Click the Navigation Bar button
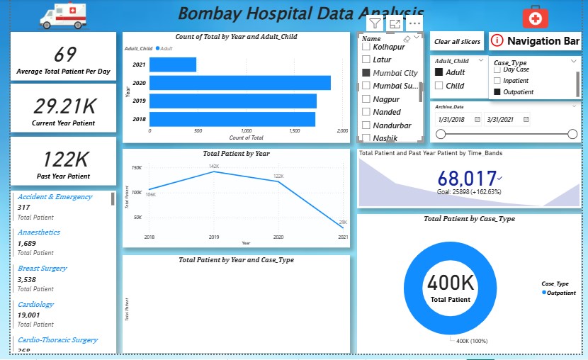tap(535, 42)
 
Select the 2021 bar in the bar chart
tap(173, 65)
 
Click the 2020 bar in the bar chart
tap(240, 83)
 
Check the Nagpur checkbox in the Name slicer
tap(366, 99)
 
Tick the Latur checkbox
tap(366, 60)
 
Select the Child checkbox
tap(439, 86)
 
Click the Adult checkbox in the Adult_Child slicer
tap(439, 72)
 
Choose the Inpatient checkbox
tap(497, 81)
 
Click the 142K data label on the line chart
tap(213, 167)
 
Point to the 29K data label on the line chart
tap(343, 222)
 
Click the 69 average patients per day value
tap(64, 55)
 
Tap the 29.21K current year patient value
tap(64, 106)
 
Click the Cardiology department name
tap(36, 305)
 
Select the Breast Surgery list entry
tap(43, 269)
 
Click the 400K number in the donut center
tap(449, 283)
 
